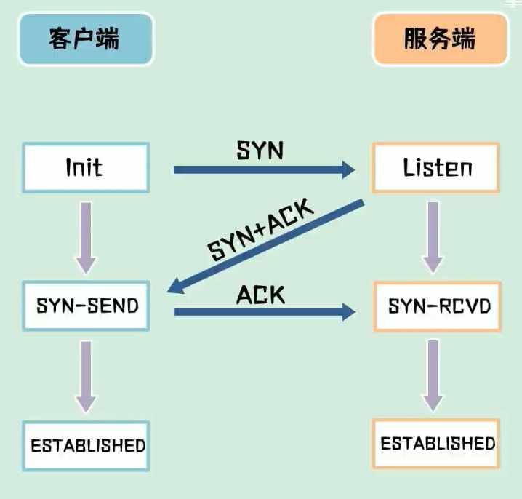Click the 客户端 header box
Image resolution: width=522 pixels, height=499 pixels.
[x=86, y=39]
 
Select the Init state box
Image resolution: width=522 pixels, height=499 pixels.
[x=86, y=168]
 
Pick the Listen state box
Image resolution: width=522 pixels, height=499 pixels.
[x=436, y=168]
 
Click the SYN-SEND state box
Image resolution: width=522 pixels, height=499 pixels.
[x=87, y=306]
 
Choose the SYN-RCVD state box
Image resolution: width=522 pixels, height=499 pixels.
[x=439, y=306]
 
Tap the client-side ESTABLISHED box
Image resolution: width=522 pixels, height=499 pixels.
[x=87, y=444]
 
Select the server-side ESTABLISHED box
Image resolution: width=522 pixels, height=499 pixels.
[x=438, y=443]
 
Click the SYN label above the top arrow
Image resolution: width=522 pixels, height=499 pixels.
[x=260, y=151]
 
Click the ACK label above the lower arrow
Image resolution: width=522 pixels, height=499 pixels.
[x=260, y=294]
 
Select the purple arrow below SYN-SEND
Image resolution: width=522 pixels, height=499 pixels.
[x=86, y=375]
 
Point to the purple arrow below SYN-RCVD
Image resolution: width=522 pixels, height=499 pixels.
[x=433, y=375]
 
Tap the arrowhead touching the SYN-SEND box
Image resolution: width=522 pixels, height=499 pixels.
[x=177, y=288]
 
